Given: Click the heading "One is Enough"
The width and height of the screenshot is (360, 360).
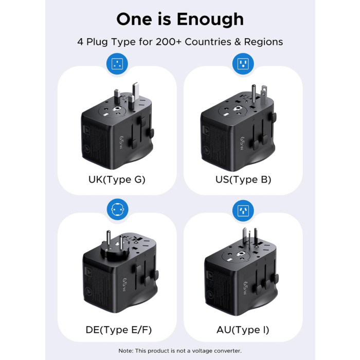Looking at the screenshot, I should point(180,19).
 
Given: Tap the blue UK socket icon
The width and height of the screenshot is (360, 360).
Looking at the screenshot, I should point(117,64).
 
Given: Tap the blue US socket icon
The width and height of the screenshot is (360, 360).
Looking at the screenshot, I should point(243,64).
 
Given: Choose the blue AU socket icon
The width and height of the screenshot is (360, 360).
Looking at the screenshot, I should point(243,210).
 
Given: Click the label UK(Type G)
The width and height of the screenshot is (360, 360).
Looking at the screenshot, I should point(117,179).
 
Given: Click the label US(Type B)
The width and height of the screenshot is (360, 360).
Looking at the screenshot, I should point(243,179).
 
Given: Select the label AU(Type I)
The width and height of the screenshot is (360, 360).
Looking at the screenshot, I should point(243,329).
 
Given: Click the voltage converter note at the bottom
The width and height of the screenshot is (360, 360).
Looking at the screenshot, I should point(180,351).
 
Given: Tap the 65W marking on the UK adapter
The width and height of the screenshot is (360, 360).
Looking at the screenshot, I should point(122,141).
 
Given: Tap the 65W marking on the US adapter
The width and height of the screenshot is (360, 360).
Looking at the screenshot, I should point(245,141).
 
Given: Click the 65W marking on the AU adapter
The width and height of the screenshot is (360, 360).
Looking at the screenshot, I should point(245,286).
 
